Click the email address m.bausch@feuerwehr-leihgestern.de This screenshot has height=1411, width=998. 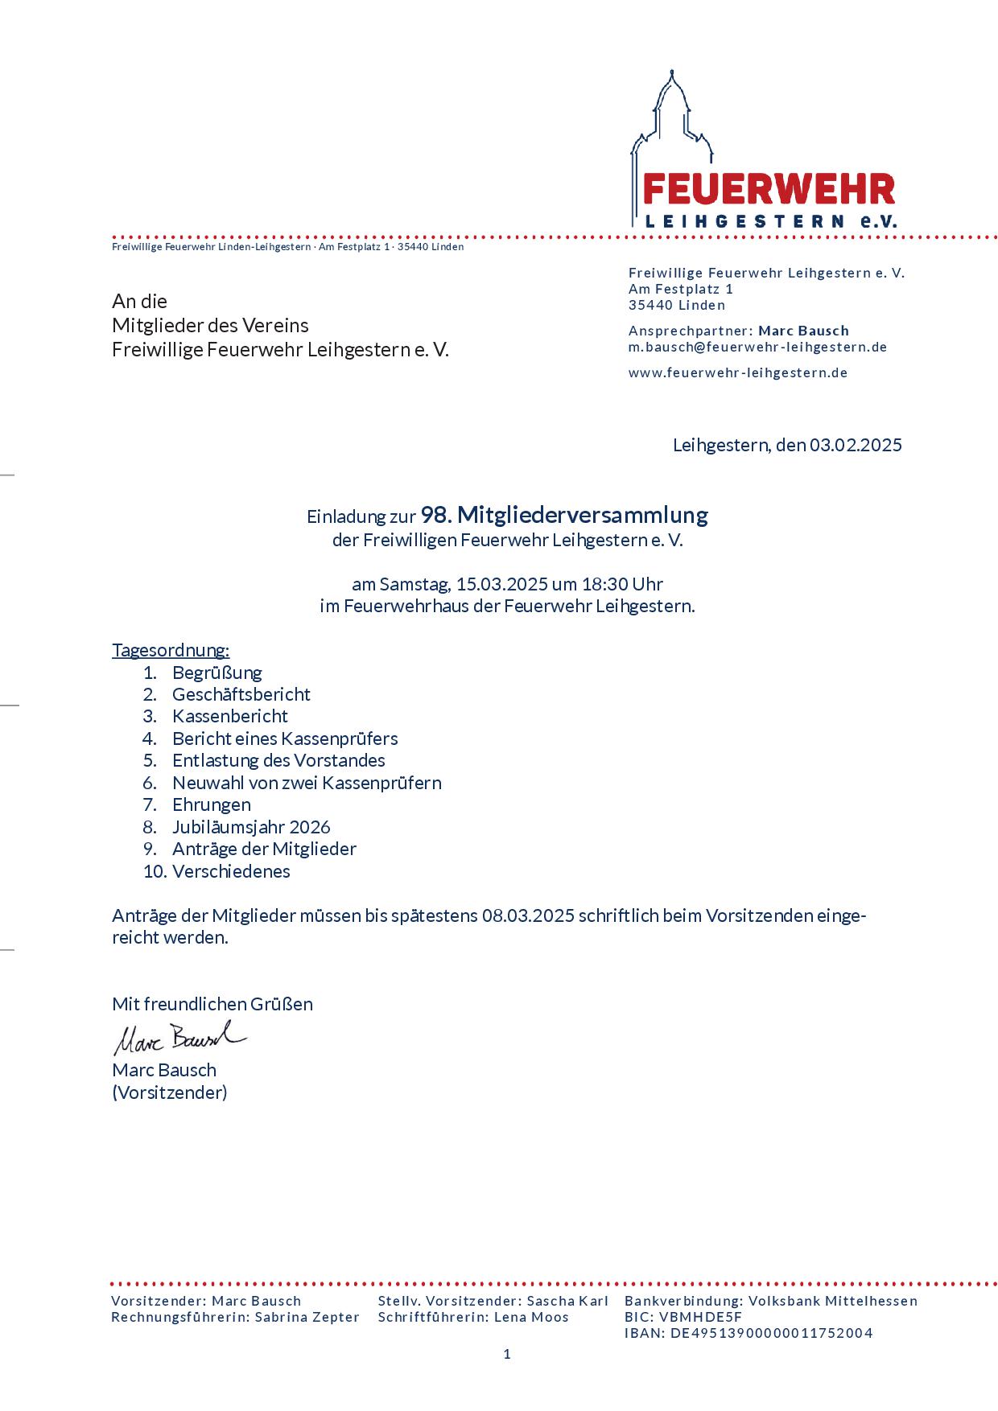pyautogui.click(x=757, y=348)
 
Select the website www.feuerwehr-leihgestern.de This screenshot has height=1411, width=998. pyautogui.click(x=737, y=373)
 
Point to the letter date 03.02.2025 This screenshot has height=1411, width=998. pyautogui.click(x=856, y=445)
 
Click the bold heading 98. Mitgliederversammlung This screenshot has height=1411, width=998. pyautogui.click(x=564, y=515)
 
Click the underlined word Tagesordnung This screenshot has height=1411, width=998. pyautogui.click(x=171, y=650)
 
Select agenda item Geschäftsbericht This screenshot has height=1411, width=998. pyautogui.click(x=241, y=694)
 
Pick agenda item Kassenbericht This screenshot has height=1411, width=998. pyautogui.click(x=229, y=716)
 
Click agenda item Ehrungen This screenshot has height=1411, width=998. pyautogui.click(x=211, y=804)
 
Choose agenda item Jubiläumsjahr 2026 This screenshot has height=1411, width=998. pyautogui.click(x=251, y=827)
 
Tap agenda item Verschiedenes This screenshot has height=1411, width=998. pyautogui.click(x=231, y=871)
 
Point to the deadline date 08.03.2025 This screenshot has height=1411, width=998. pyautogui.click(x=528, y=915)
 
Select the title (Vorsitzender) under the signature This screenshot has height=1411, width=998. pyautogui.click(x=170, y=1092)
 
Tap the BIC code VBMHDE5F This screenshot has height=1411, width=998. pyautogui.click(x=700, y=1317)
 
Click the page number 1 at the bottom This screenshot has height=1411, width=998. pyautogui.click(x=507, y=1355)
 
